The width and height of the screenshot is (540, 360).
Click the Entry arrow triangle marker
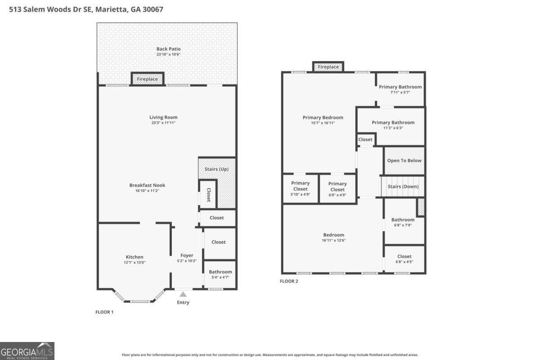coord(183,294)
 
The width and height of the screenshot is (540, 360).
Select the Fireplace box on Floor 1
coord(148,79)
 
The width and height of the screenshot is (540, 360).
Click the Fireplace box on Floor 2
coord(328,67)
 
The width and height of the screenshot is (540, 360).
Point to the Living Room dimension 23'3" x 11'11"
coord(163,123)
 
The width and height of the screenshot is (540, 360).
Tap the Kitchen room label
coord(135,257)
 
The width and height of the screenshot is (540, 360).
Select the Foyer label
coord(187,255)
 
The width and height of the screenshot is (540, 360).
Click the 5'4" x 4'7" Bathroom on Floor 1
coord(220,274)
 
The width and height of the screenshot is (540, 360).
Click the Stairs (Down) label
coord(403,186)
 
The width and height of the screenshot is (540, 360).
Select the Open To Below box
coord(404,161)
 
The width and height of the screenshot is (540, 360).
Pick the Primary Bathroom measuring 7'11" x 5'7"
coord(400,89)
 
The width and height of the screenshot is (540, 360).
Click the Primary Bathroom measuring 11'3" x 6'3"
coord(393,125)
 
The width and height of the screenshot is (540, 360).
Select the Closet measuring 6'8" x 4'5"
coord(404,259)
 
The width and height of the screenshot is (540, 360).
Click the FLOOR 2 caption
coord(289,281)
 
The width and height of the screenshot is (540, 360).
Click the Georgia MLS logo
coord(27,351)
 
